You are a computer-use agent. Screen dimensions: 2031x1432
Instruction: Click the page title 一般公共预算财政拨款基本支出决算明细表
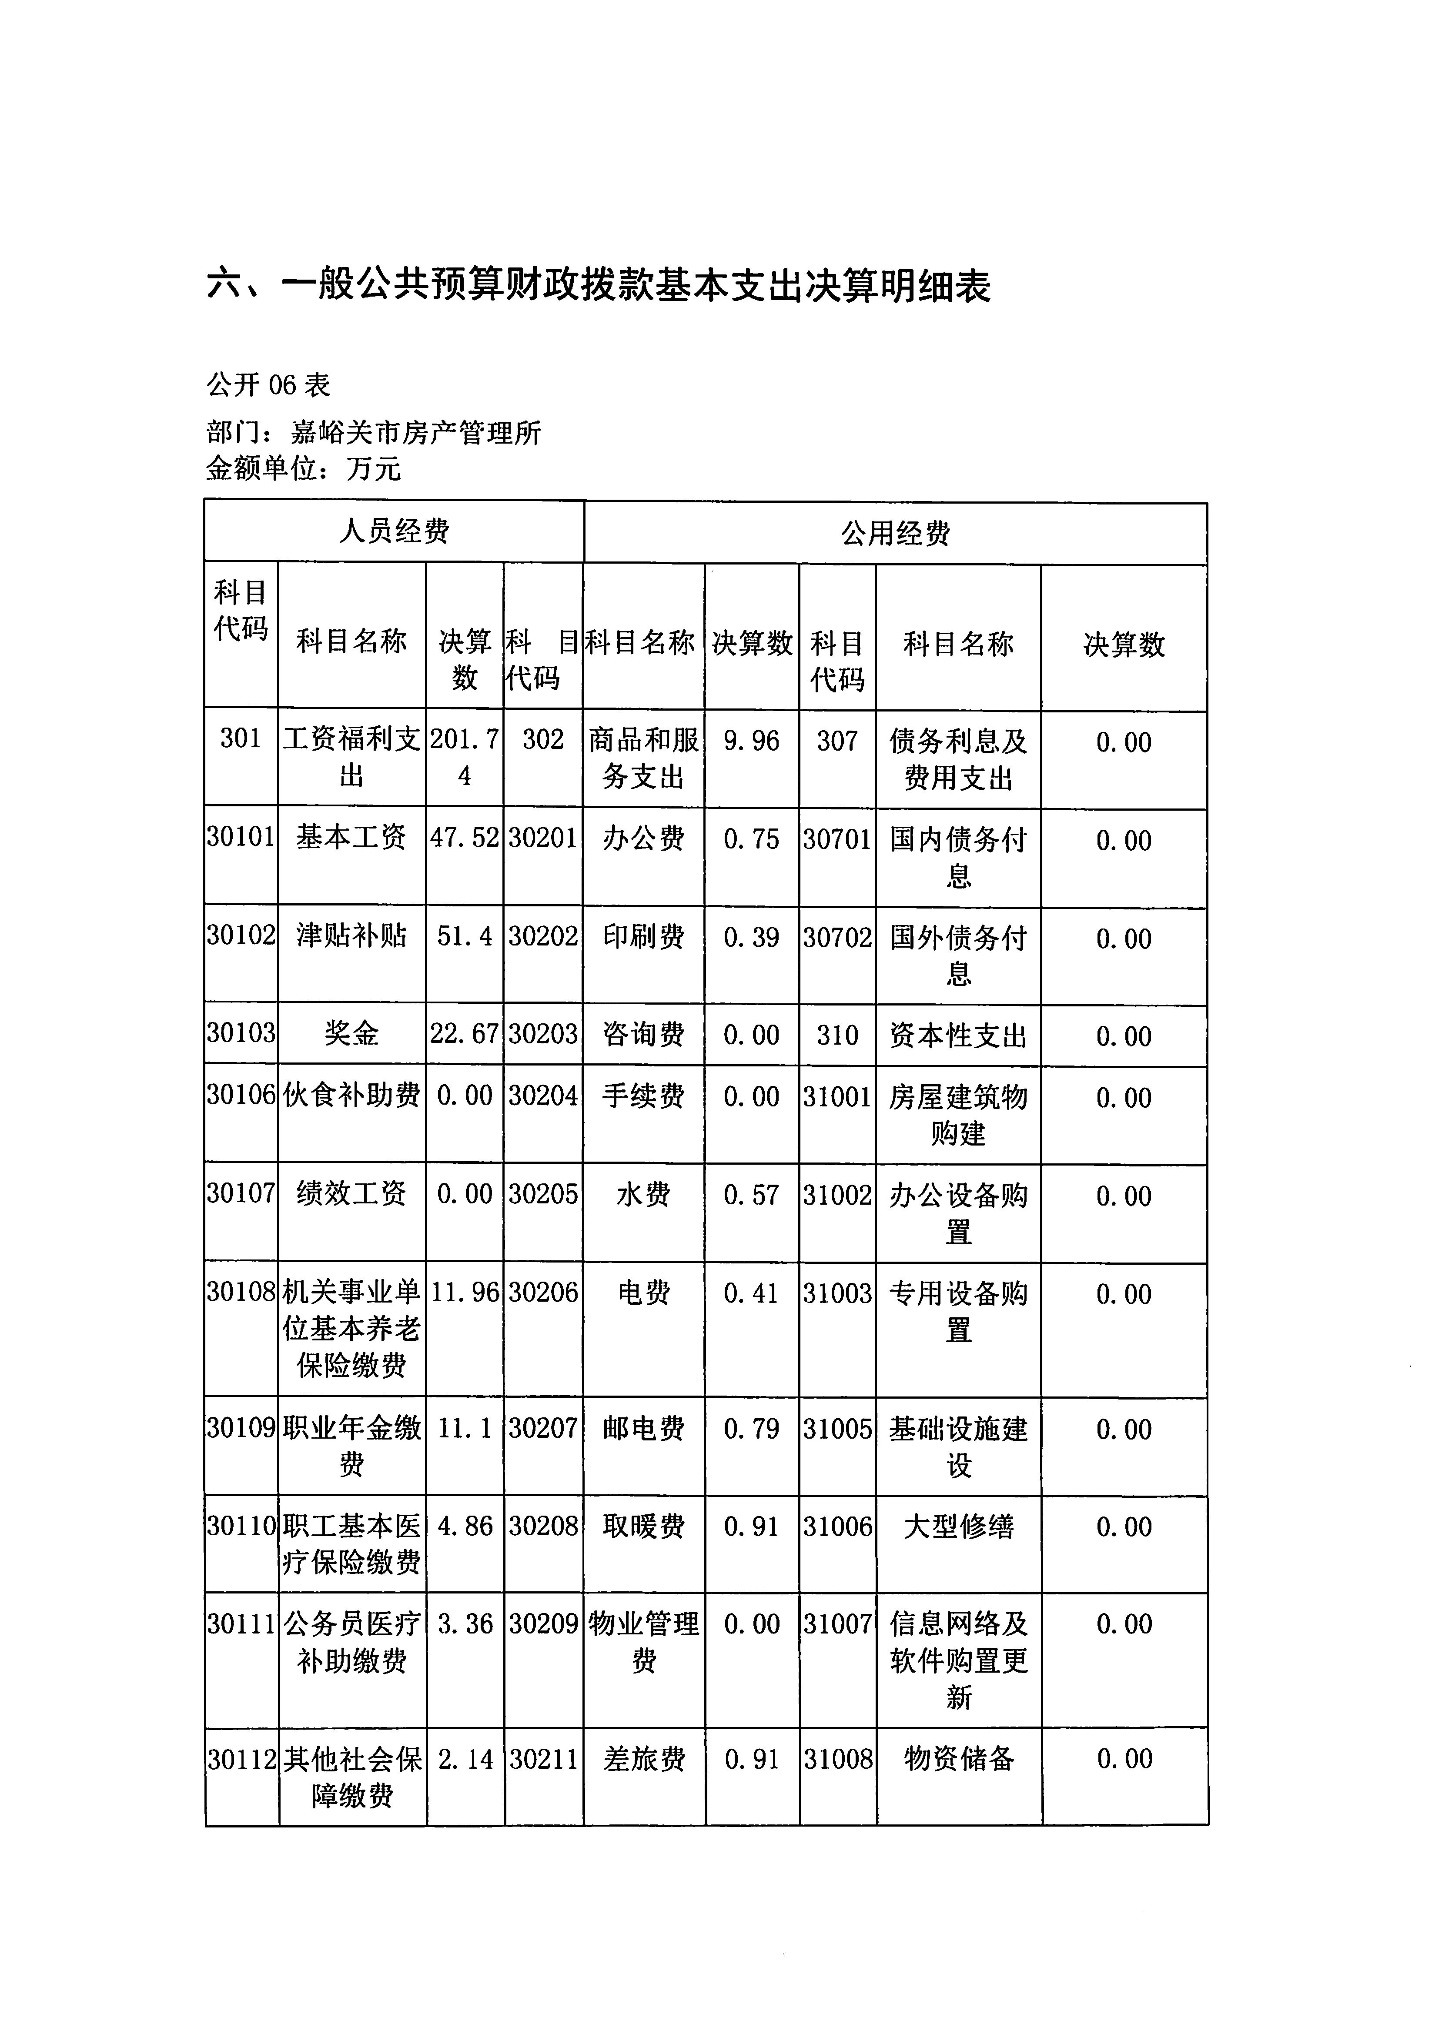[x=599, y=286]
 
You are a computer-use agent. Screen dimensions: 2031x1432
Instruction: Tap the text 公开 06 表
[x=268, y=385]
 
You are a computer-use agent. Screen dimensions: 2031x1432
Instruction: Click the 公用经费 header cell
[x=895, y=533]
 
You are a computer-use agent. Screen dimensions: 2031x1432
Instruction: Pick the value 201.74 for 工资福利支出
[x=465, y=758]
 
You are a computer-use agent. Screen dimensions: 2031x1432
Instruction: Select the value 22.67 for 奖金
[x=465, y=1033]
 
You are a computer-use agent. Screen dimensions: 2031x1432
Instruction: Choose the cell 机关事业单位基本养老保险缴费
[x=351, y=1329]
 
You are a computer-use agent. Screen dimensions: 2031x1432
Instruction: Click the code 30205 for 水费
[x=543, y=1194]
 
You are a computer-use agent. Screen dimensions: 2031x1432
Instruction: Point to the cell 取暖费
[x=643, y=1526]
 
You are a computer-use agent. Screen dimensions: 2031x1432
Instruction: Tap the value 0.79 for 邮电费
[x=751, y=1429]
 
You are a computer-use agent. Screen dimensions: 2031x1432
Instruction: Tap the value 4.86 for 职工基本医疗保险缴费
[x=465, y=1526]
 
